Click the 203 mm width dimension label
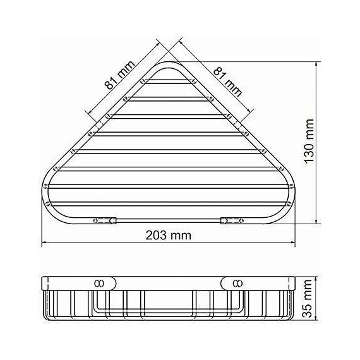pyautogui.click(x=168, y=235)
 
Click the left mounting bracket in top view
pyautogui.click(x=104, y=220)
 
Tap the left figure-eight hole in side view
pyautogui.click(x=99, y=282)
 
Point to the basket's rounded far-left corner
pyautogui.click(x=46, y=186)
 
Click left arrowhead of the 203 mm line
pyautogui.click(x=44, y=243)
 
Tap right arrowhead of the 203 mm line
pyautogui.click(x=294, y=243)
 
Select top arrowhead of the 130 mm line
pyautogui.click(x=316, y=63)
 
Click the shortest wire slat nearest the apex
pyautogui.click(x=169, y=83)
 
